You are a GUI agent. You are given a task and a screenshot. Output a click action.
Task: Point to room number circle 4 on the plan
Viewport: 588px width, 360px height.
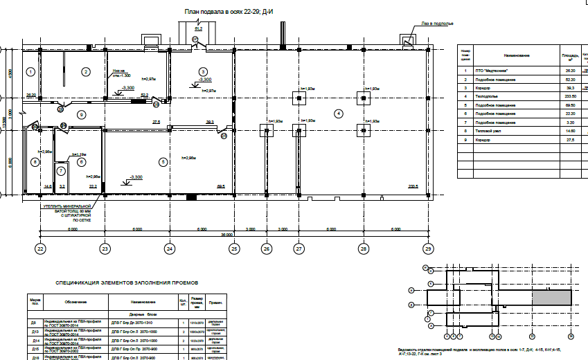pyautogui.click(x=339, y=113)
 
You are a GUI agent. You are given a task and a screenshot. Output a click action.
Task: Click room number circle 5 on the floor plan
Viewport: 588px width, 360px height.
pyautogui.click(x=163, y=162)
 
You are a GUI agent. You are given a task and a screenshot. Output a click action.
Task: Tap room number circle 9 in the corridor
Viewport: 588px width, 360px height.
pyautogui.click(x=81, y=114)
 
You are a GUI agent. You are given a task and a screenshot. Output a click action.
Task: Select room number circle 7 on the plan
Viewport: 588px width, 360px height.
pyautogui.click(x=61, y=170)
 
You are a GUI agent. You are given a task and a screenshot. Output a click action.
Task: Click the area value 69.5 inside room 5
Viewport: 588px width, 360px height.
pyautogui.click(x=222, y=187)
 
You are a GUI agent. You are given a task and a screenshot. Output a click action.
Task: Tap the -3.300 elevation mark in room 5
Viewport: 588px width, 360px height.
pyautogui.click(x=136, y=178)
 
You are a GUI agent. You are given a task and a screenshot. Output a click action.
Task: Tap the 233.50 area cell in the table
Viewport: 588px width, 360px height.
pyautogui.click(x=571, y=96)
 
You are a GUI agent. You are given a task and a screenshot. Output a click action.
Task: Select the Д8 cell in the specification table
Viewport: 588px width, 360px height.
pyautogui.click(x=33, y=323)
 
